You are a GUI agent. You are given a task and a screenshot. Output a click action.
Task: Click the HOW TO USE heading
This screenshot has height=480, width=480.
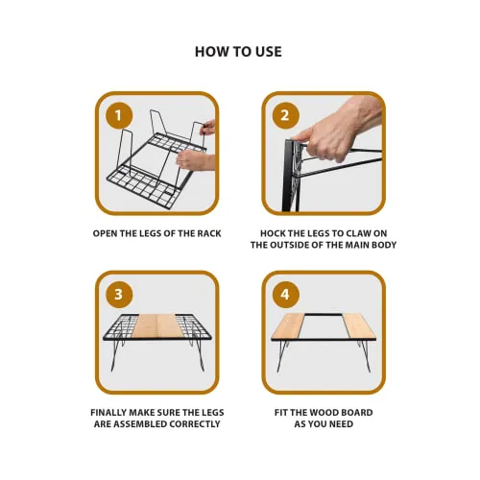(x=238, y=52)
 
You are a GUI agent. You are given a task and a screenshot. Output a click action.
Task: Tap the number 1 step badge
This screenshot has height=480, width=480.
(x=119, y=115)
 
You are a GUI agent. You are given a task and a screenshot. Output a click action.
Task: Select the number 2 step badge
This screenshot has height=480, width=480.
(x=285, y=115)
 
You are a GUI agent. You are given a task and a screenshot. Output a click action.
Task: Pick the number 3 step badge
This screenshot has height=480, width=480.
(x=119, y=295)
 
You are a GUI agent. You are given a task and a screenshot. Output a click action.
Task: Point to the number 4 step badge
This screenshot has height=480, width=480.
(x=285, y=295)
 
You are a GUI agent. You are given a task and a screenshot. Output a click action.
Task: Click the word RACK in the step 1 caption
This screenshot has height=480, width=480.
(x=208, y=233)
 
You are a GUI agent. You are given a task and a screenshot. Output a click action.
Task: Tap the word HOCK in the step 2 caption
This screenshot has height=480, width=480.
(x=272, y=233)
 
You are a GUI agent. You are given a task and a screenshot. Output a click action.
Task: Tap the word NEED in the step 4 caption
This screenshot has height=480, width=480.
(x=342, y=424)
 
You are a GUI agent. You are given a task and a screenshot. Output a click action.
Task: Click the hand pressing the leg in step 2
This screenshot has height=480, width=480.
(x=339, y=134)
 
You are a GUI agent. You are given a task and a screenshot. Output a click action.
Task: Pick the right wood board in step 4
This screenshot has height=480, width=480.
(x=359, y=325)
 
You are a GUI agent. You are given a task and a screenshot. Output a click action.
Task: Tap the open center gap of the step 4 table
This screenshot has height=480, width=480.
(x=324, y=326)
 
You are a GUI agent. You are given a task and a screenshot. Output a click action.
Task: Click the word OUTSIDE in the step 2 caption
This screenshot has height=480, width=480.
(x=297, y=245)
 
